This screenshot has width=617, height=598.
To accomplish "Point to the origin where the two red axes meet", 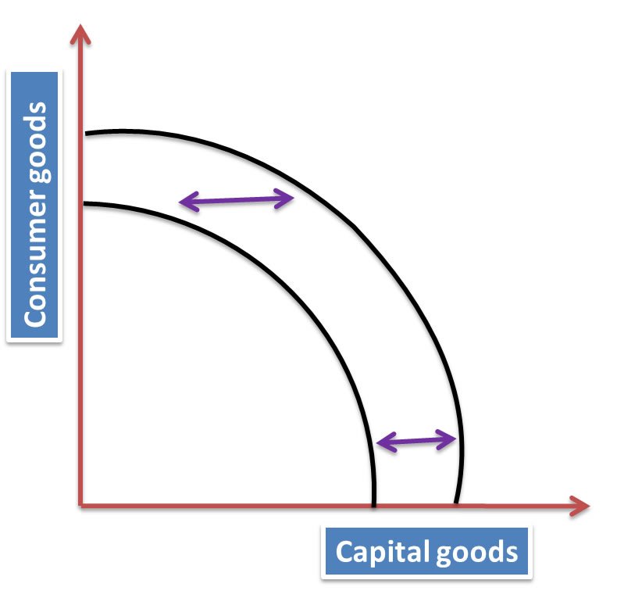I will [x=81, y=506].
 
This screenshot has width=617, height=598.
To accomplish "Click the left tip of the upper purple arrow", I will [x=181, y=204].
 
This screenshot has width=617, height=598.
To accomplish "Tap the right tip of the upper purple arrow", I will [x=292, y=198].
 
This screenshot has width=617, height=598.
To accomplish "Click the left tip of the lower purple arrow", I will [x=378, y=443].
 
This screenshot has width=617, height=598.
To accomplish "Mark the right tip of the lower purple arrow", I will [x=455, y=439].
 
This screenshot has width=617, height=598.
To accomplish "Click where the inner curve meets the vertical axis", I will [x=83, y=204].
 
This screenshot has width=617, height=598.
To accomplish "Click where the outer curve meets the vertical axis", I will [x=83, y=134].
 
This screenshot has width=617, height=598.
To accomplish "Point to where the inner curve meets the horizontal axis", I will [x=374, y=504].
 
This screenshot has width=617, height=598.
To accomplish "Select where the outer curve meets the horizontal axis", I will [x=457, y=504].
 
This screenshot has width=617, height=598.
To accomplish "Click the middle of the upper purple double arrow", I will [x=237, y=201].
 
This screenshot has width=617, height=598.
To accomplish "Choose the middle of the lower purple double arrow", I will [x=417, y=442].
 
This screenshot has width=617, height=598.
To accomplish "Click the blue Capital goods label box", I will [x=426, y=552].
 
